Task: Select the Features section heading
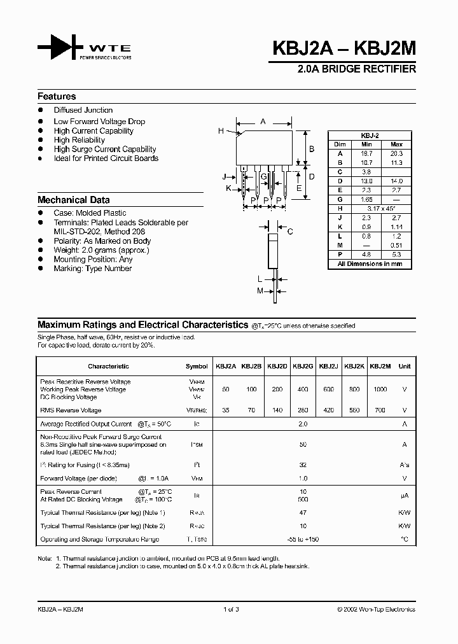click(57, 97)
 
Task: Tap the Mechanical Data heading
click(73, 199)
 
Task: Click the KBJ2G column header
click(303, 366)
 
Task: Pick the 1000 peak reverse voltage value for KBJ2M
click(380, 389)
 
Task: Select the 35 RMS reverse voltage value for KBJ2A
click(226, 410)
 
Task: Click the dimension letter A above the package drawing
click(263, 121)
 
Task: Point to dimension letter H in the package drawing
click(221, 131)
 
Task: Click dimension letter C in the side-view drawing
click(289, 232)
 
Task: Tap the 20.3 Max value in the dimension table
click(396, 153)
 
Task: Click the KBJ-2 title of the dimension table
click(370, 136)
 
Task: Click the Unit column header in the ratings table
click(404, 366)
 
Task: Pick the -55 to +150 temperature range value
click(303, 540)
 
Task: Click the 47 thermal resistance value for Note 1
click(303, 512)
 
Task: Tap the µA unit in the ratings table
click(404, 495)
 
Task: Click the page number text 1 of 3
click(230, 609)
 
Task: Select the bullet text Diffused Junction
click(83, 110)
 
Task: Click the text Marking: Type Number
click(92, 269)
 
